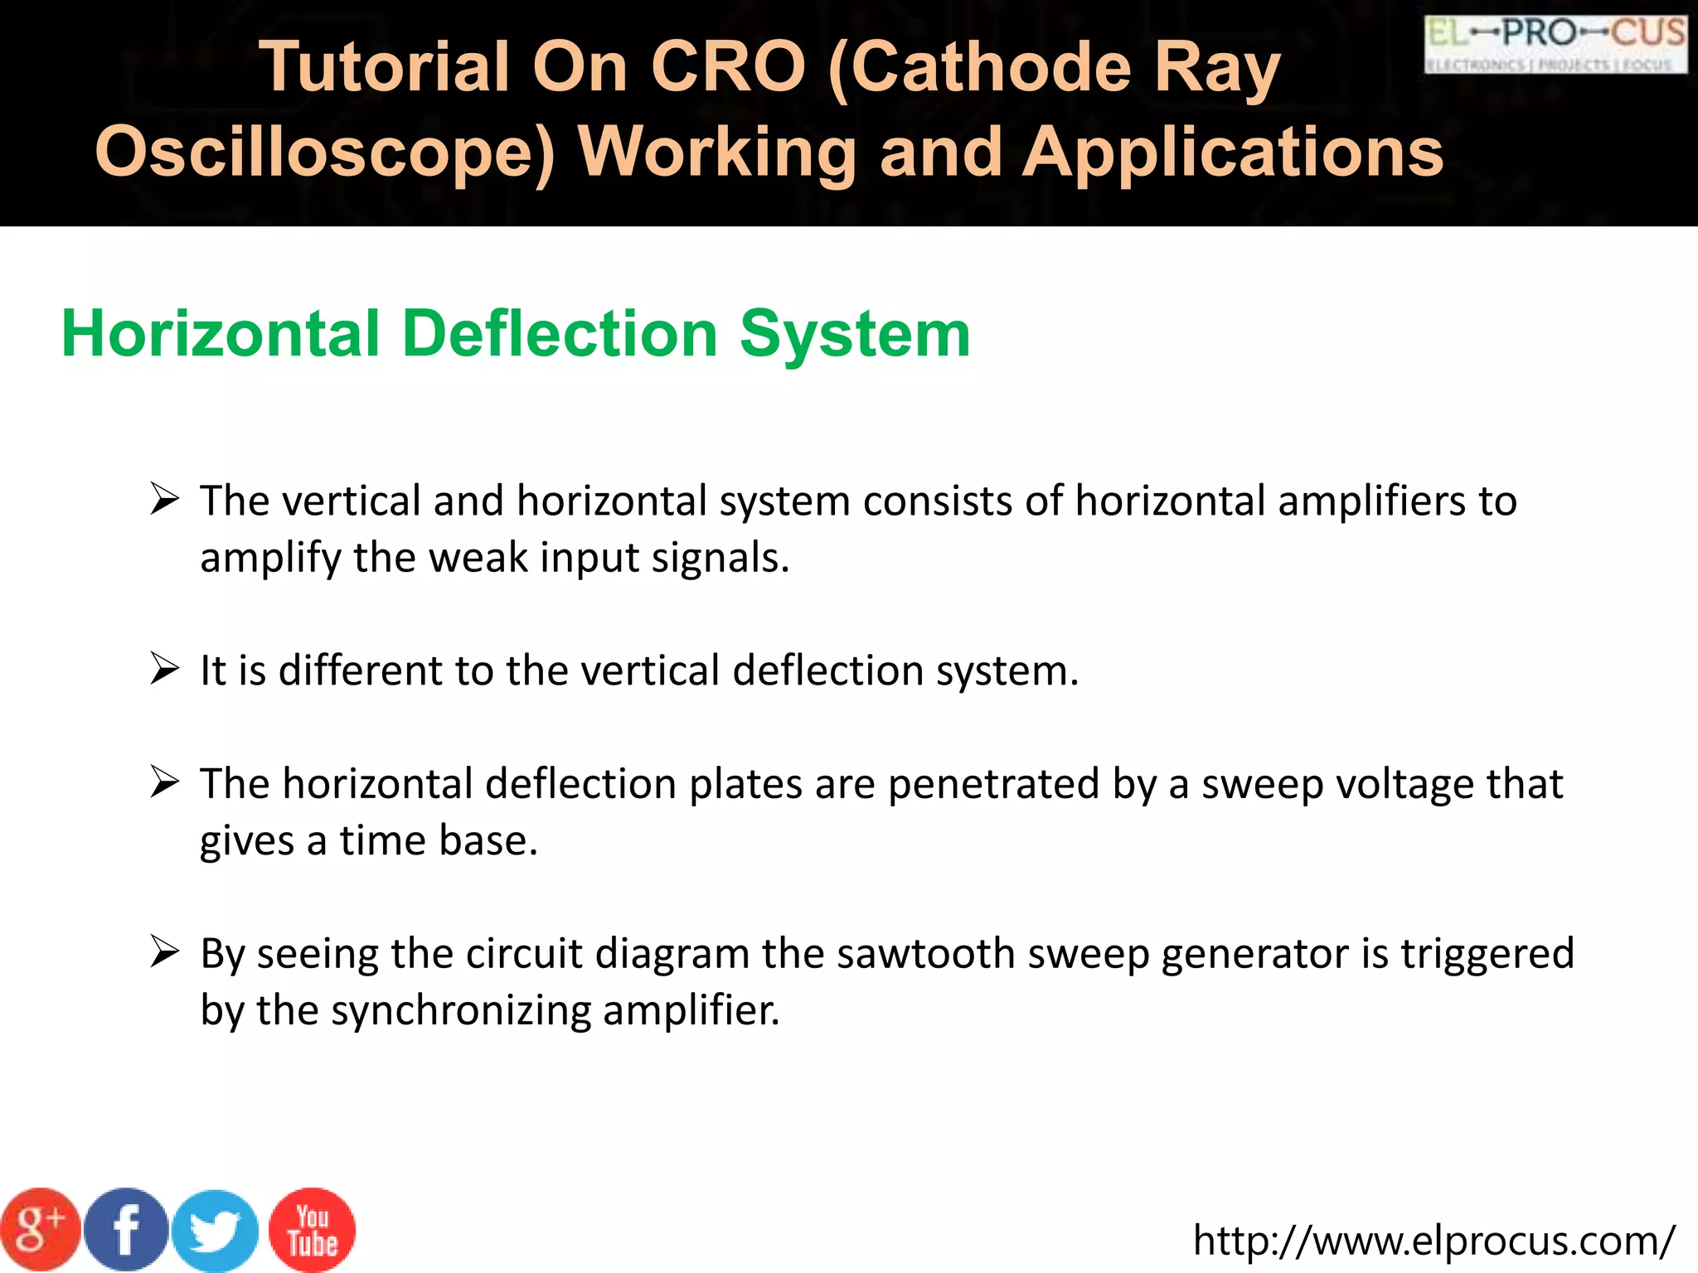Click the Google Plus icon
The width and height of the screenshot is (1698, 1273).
[x=40, y=1230]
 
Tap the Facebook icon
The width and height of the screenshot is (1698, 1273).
[x=126, y=1230]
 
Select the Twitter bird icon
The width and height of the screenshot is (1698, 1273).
[x=216, y=1232]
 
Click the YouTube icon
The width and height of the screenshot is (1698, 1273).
[x=313, y=1230]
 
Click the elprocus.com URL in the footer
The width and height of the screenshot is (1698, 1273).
[x=1434, y=1241]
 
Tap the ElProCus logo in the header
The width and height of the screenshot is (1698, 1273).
[x=1555, y=45]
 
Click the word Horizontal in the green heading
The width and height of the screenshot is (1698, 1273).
[x=221, y=334]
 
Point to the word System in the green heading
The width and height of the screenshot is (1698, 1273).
[x=855, y=334]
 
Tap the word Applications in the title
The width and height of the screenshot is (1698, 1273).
[x=1234, y=152]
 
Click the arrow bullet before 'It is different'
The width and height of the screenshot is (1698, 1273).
[x=165, y=669]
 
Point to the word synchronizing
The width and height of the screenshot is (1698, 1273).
[x=461, y=1010]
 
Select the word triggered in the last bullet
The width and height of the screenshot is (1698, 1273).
[x=1487, y=953]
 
